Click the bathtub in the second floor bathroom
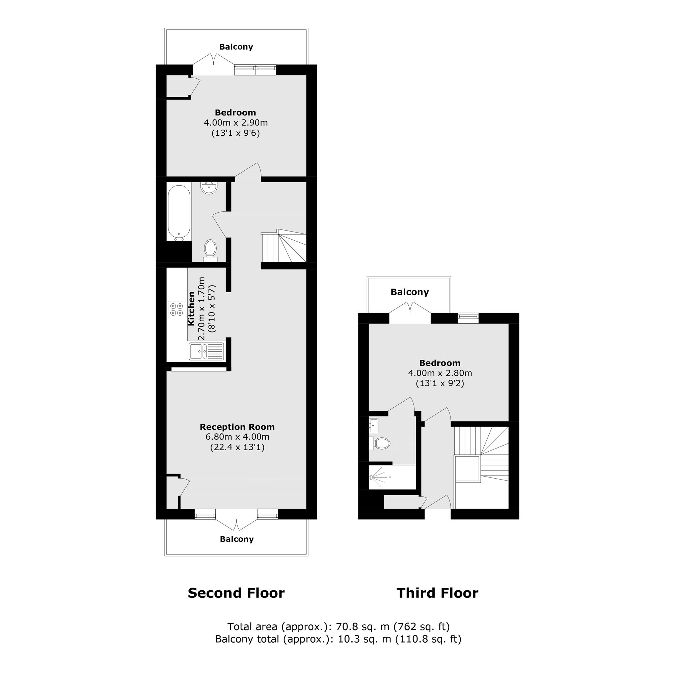click(x=179, y=213)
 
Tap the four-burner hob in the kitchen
click(x=177, y=309)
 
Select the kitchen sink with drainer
click(x=206, y=351)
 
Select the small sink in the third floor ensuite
click(x=374, y=425)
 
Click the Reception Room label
click(x=237, y=427)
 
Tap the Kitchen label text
click(x=191, y=309)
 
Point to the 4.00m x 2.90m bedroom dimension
click(x=236, y=123)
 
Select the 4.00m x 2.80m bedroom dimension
click(x=440, y=373)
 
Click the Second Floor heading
click(x=236, y=593)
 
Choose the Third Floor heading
click(x=437, y=593)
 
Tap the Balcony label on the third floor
click(x=409, y=292)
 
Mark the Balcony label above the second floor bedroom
click(x=236, y=47)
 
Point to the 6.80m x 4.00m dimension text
click(x=238, y=437)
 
